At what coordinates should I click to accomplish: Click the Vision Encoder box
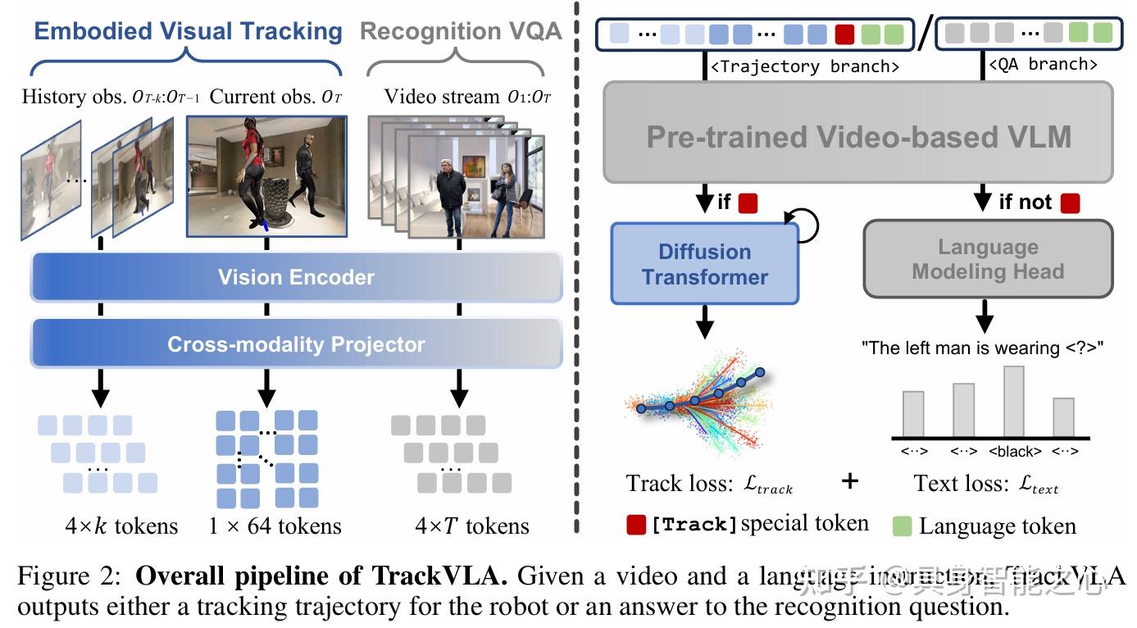pyautogui.click(x=296, y=277)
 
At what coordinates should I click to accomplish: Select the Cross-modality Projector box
pyautogui.click(x=296, y=344)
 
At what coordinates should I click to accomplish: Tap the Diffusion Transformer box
pyautogui.click(x=705, y=264)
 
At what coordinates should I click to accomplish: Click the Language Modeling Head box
pyautogui.click(x=988, y=259)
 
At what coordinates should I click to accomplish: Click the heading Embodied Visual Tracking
pyautogui.click(x=188, y=32)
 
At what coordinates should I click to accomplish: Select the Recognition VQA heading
pyautogui.click(x=461, y=32)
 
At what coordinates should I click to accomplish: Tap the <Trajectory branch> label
pyautogui.click(x=804, y=66)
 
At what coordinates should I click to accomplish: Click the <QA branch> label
pyautogui.click(x=1043, y=65)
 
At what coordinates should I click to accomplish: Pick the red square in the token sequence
pyautogui.click(x=844, y=34)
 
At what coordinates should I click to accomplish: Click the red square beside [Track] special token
pyautogui.click(x=636, y=525)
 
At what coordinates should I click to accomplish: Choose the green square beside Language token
pyautogui.click(x=903, y=526)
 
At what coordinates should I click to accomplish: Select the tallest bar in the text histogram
pyautogui.click(x=1014, y=401)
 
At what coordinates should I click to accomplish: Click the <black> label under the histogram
pyautogui.click(x=1015, y=452)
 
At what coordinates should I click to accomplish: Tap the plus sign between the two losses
pyautogui.click(x=850, y=481)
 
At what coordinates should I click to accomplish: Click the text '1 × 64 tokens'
pyautogui.click(x=275, y=526)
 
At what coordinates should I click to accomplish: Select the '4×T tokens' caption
pyautogui.click(x=460, y=526)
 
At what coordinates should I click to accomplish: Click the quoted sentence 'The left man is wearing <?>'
pyautogui.click(x=983, y=348)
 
